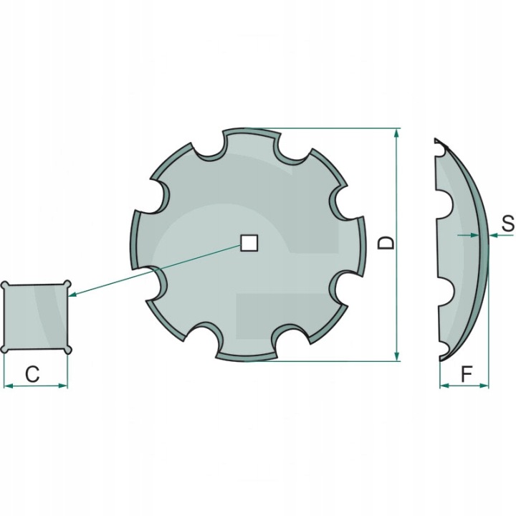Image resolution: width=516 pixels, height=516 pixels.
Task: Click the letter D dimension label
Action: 386,242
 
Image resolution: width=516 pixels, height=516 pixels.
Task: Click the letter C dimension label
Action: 32,374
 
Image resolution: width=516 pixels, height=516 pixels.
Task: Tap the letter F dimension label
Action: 467,374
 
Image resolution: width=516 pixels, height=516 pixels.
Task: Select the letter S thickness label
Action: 508,224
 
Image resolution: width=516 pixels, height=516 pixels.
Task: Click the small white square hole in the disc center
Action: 249,243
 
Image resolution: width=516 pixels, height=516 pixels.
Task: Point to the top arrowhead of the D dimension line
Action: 396,133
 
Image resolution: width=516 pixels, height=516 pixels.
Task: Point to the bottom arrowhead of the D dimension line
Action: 396,355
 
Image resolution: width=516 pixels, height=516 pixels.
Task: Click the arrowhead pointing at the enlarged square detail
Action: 73,295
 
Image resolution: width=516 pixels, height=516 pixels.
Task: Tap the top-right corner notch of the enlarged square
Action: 67,284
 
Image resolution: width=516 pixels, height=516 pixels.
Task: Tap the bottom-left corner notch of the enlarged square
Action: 4,349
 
